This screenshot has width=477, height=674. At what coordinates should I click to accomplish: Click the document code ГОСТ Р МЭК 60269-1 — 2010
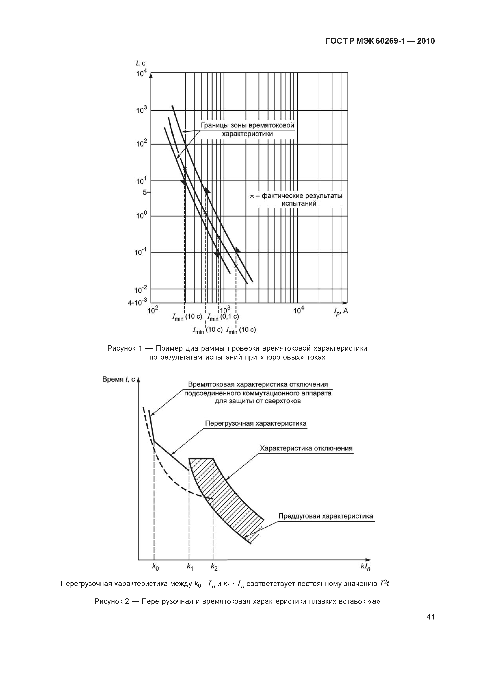pyautogui.click(x=380, y=41)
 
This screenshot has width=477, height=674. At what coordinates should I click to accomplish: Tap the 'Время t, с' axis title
pyautogui.click(x=118, y=379)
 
